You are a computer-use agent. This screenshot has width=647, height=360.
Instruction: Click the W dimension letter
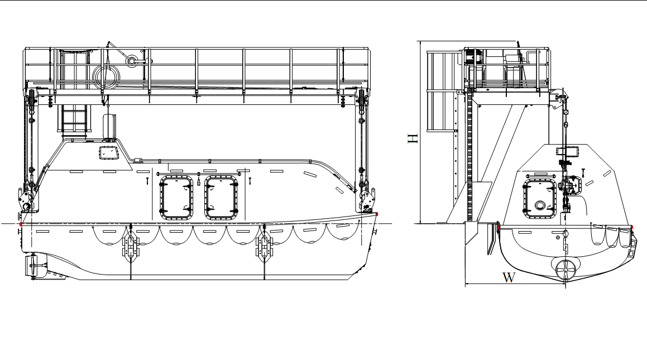(509, 277)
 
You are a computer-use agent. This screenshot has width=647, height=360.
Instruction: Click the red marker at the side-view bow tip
(378, 214)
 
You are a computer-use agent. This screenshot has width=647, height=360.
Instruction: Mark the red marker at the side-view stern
(21, 224)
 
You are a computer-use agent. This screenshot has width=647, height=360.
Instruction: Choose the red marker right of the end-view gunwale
(631, 227)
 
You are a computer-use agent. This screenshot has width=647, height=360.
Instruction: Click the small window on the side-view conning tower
(107, 152)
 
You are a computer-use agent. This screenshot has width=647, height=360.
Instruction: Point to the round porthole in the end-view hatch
(540, 205)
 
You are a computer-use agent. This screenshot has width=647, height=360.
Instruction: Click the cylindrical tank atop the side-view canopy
(109, 125)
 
